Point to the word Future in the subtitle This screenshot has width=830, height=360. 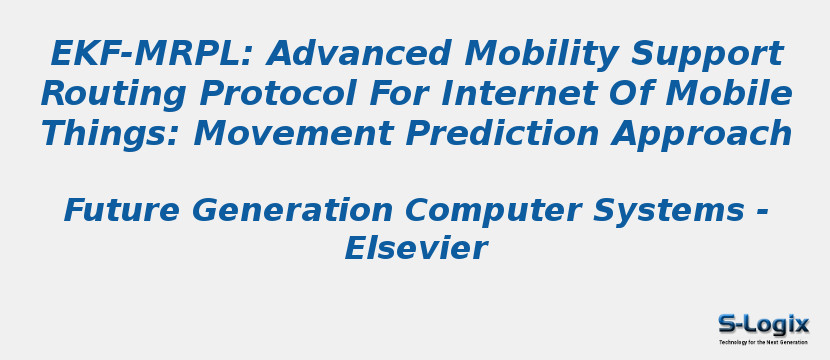point(122,211)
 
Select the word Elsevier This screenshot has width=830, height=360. point(415,249)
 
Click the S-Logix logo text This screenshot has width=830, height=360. point(763,324)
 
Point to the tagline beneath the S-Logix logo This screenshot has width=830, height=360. point(763,342)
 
